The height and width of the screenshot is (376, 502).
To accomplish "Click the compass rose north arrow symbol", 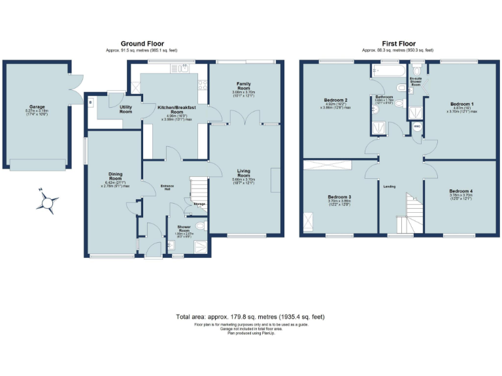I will click(x=47, y=202).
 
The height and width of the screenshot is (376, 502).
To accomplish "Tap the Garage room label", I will click(x=36, y=106).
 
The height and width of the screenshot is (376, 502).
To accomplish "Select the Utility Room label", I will click(x=126, y=109).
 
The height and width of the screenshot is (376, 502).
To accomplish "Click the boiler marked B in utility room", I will click(x=91, y=101).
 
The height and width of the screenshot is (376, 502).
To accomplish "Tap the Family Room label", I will click(x=243, y=86).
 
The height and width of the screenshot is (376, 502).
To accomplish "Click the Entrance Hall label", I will click(x=167, y=187).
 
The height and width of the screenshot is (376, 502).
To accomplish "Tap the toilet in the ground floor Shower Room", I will click(x=200, y=226).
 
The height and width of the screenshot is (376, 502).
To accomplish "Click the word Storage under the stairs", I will click(x=199, y=204).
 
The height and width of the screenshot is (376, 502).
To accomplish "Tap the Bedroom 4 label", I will click(x=460, y=191).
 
